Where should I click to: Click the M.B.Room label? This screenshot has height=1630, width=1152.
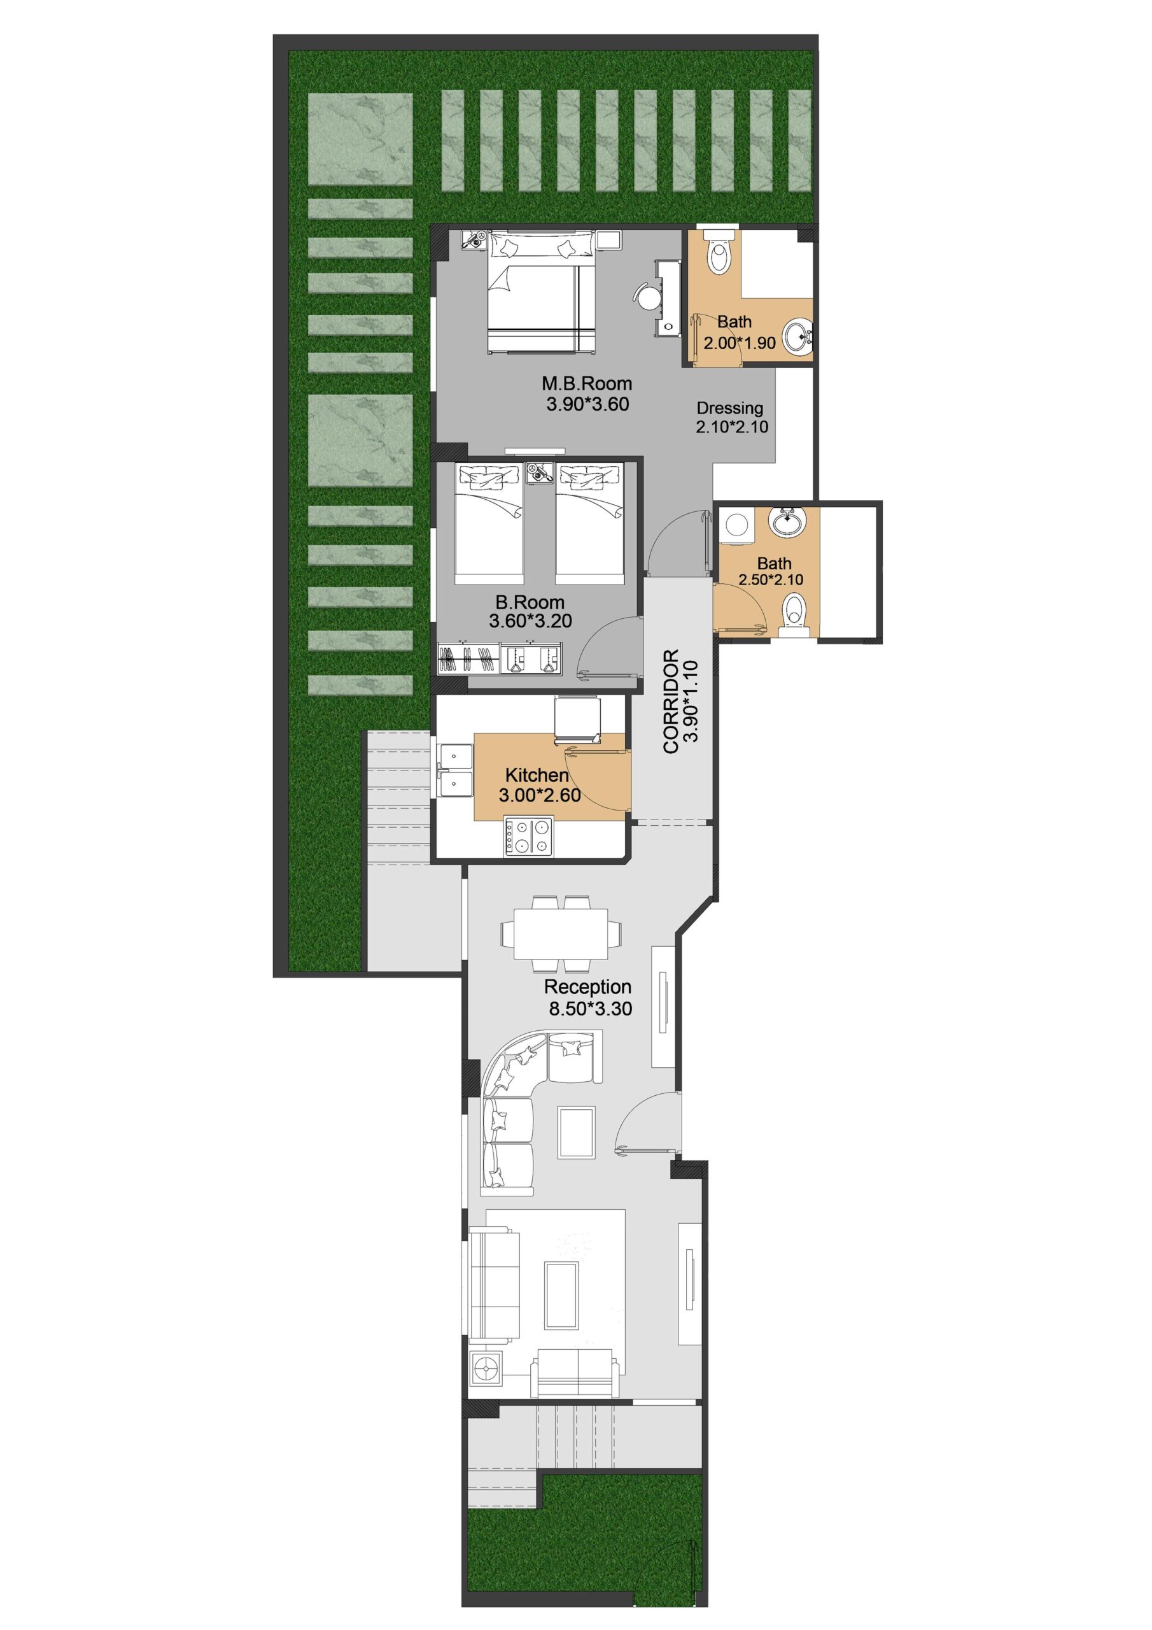point(586,384)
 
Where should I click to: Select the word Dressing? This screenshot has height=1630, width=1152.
point(729,409)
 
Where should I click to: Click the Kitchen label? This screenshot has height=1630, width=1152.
point(537,776)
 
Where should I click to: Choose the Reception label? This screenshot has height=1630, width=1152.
point(587,987)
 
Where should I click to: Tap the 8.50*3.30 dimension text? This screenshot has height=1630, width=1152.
point(591,1009)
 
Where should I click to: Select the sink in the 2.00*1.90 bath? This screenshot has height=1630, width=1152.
point(799,335)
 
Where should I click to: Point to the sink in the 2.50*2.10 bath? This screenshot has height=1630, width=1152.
point(787,524)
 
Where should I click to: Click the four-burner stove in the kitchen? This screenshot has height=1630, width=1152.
point(529,836)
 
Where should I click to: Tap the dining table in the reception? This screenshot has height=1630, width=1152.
point(561,933)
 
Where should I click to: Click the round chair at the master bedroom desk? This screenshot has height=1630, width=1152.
point(648,296)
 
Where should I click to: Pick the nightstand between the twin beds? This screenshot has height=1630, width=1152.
point(540,474)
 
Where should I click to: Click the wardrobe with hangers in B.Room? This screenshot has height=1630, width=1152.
point(469,658)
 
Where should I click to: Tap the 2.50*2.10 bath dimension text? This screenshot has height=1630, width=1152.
point(771,580)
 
